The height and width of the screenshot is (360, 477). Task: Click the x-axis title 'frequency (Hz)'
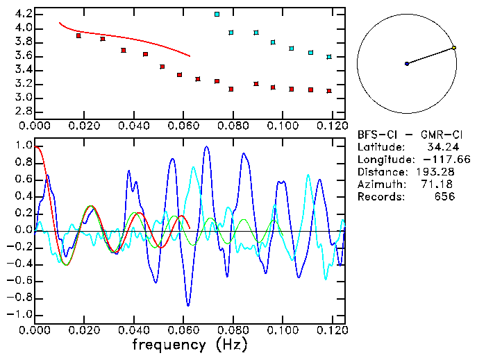pyautogui.click(x=191, y=344)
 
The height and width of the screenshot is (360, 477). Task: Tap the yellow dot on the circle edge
pyautogui.click(x=453, y=48)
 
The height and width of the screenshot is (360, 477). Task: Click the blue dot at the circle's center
pyautogui.click(x=407, y=64)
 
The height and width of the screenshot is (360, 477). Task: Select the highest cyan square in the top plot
pyautogui.click(x=217, y=14)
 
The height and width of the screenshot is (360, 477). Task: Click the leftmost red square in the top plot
pyautogui.click(x=78, y=35)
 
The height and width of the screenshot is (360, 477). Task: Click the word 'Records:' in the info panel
pyautogui.click(x=380, y=197)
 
